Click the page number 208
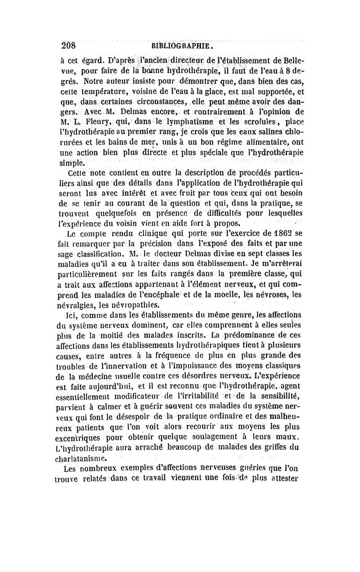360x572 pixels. click(x=71, y=45)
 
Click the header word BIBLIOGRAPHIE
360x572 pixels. click(x=182, y=46)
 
